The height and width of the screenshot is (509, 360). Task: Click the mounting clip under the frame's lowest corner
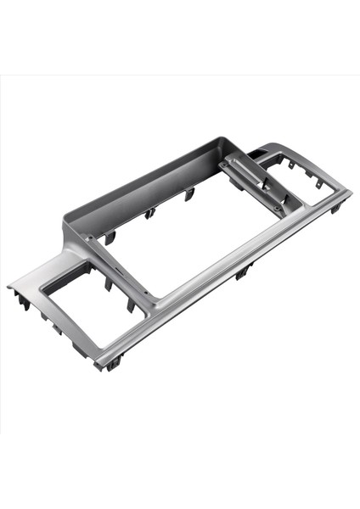click(113, 362)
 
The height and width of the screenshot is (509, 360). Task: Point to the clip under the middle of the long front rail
click(244, 271)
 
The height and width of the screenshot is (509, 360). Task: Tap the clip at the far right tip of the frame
click(337, 206)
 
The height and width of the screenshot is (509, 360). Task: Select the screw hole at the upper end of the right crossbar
click(229, 162)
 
